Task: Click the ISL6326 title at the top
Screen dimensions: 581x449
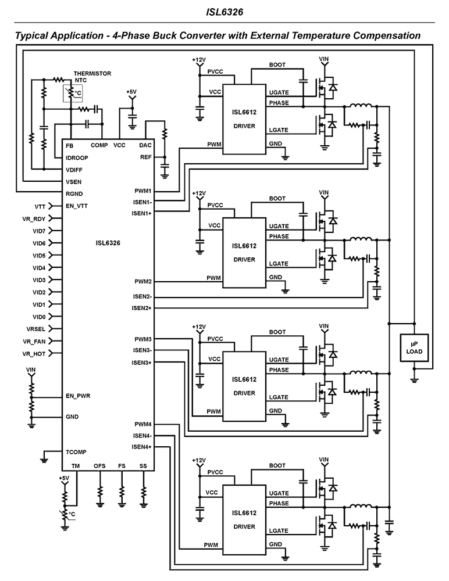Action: click(224, 11)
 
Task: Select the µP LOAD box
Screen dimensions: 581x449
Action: click(414, 347)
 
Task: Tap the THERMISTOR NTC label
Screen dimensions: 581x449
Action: click(92, 77)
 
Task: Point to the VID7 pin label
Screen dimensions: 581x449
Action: click(39, 231)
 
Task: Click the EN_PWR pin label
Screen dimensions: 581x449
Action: click(79, 396)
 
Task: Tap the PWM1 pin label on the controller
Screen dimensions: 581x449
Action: click(142, 191)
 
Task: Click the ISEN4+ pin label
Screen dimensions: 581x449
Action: click(141, 447)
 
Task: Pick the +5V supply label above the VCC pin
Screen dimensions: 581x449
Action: click(131, 92)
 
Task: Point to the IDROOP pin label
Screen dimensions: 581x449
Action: click(78, 157)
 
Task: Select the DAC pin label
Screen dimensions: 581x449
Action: click(145, 145)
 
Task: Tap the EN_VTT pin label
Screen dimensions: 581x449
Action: click(79, 206)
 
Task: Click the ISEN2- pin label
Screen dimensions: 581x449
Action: click(141, 296)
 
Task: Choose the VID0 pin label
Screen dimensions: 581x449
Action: click(39, 317)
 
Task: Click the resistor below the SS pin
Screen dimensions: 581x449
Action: click(143, 493)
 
